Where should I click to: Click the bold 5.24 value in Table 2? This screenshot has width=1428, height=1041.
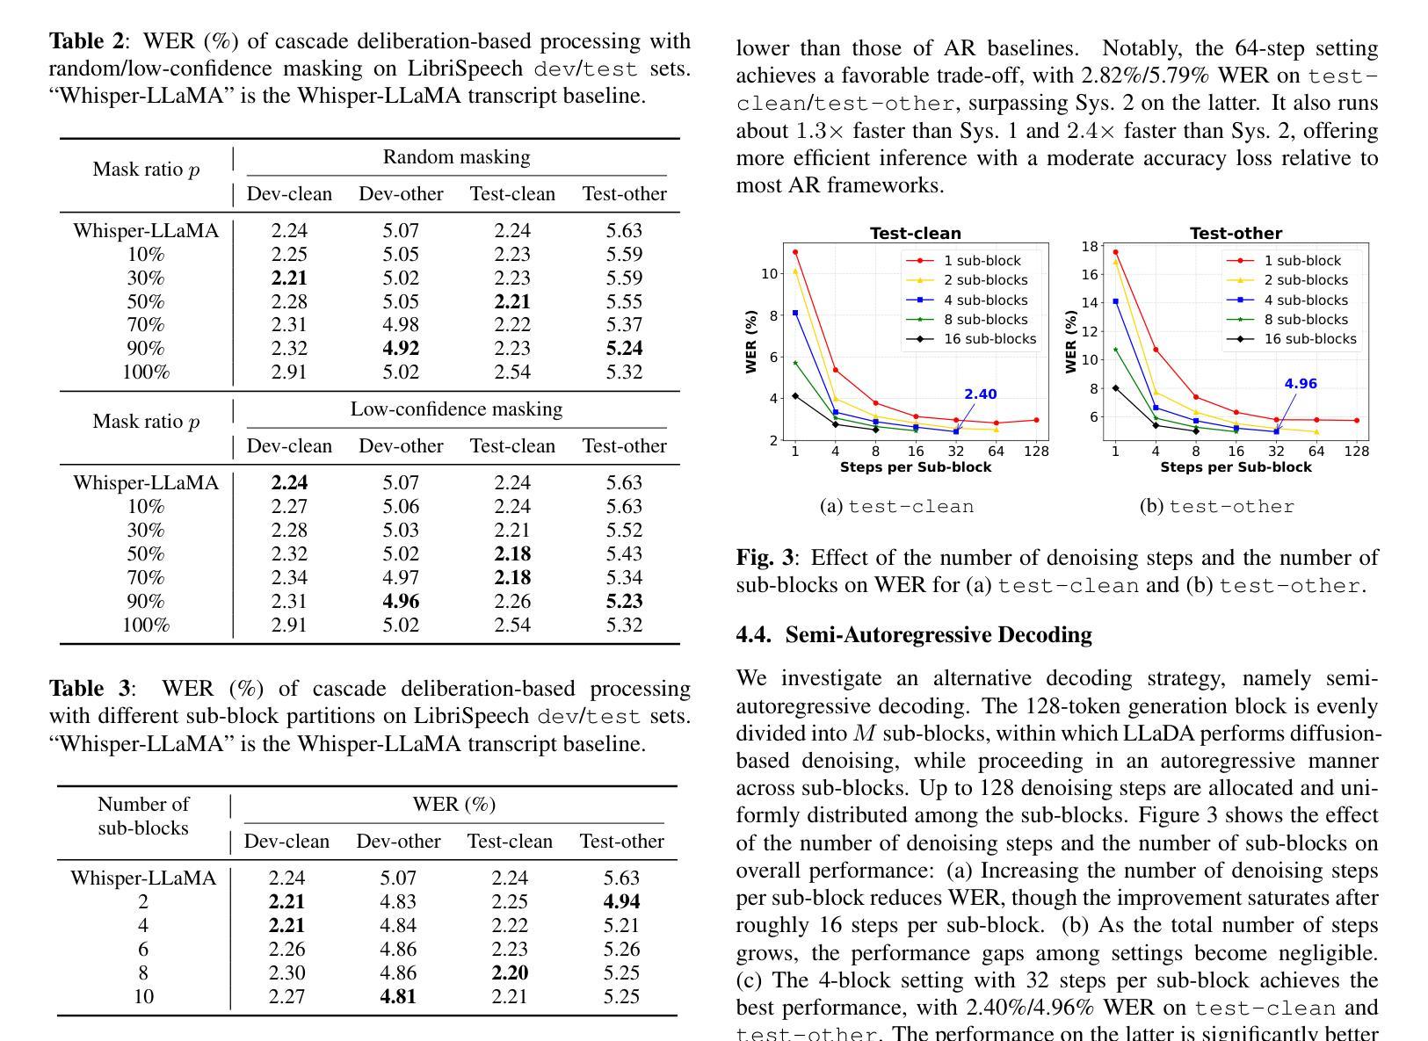pos(624,348)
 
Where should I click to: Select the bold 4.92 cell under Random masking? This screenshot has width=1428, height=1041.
pos(401,348)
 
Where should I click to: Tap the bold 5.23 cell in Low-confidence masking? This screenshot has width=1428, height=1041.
pos(624,601)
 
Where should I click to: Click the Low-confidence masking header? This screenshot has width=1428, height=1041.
pos(456,409)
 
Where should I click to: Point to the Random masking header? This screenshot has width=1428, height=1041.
pos(456,157)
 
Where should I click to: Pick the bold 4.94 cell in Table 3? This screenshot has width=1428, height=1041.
pos(621,901)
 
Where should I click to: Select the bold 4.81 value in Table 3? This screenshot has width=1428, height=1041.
pos(398,996)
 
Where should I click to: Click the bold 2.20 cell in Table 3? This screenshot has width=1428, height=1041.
pos(510,972)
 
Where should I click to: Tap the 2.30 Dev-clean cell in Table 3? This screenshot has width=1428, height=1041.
pos(286,972)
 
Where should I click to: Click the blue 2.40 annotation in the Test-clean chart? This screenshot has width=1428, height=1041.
pos(980,394)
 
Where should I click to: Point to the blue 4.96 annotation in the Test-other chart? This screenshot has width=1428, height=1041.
pos(1301,384)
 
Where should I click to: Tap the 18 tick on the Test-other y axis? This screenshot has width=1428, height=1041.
pos(1089,247)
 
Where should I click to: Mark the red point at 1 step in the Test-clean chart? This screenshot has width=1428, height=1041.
pos(795,252)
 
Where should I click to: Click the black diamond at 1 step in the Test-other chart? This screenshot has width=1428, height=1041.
pos(1116,388)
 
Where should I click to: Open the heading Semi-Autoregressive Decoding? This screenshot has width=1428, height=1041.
pos(939,635)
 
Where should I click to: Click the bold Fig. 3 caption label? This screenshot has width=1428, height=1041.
pos(764,558)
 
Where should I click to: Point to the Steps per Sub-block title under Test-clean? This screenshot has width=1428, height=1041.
pos(915,467)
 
